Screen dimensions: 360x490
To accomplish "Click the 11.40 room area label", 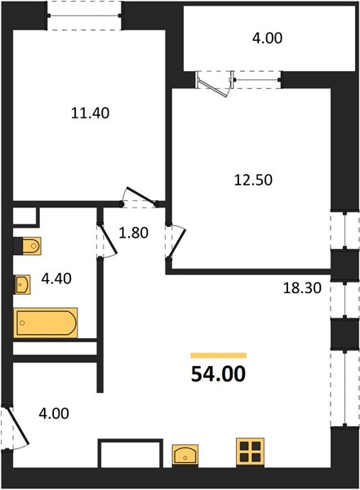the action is point(91,113).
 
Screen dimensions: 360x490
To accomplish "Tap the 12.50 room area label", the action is point(253,180).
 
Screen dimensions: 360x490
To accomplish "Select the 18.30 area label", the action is point(302,287).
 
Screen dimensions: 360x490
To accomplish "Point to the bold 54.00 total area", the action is point(219,374).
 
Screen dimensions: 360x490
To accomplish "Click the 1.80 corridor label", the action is point(133,233).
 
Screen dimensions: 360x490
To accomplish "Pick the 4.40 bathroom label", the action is point(56,278).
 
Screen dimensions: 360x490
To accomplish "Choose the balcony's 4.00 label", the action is point(268,38).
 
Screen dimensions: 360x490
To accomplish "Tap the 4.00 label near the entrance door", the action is point(54,413).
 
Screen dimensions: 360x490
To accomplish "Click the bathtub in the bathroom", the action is point(46,323).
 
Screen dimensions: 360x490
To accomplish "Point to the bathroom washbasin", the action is point(22,284).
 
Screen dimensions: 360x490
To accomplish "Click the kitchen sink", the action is point(185,456).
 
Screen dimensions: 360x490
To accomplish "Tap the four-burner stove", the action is point(251,452).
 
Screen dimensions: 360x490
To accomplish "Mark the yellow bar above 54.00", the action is point(219,355).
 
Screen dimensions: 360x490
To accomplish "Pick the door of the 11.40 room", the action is point(140,198).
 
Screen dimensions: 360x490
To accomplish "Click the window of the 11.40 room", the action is point(84,16).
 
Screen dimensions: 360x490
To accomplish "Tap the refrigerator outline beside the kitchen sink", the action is point(131,453).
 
